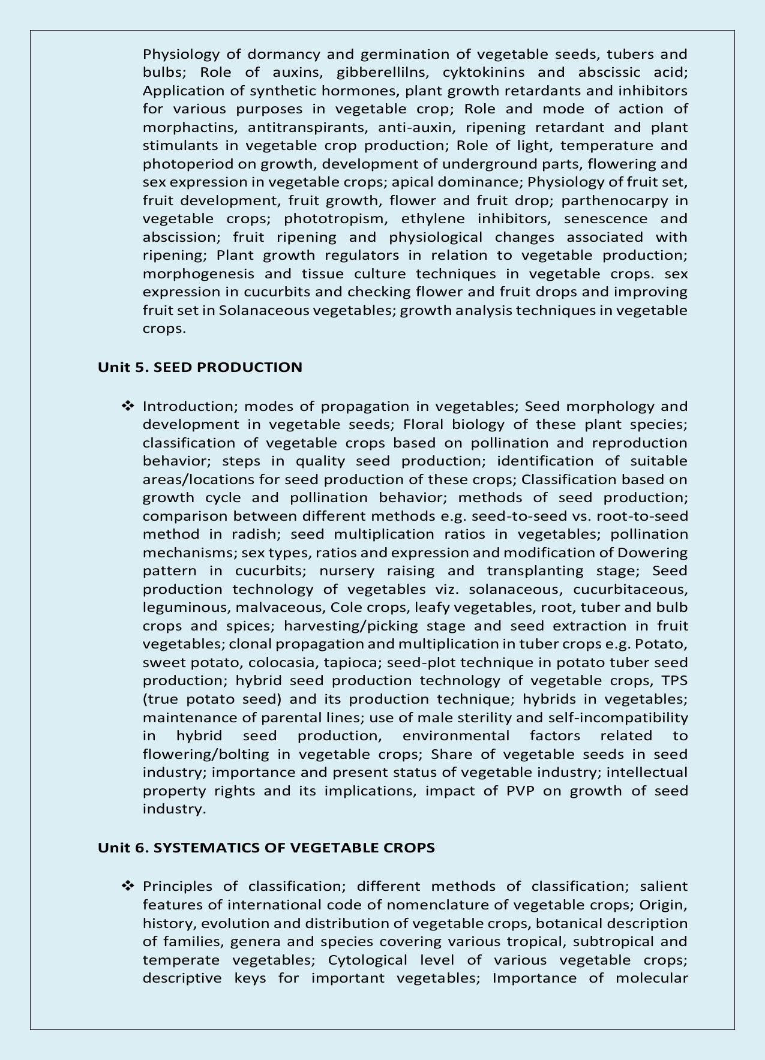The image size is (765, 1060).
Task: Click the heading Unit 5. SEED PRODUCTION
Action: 200,367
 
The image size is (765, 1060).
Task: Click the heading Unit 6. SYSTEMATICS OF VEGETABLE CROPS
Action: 266,848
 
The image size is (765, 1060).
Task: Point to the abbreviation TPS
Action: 674,680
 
